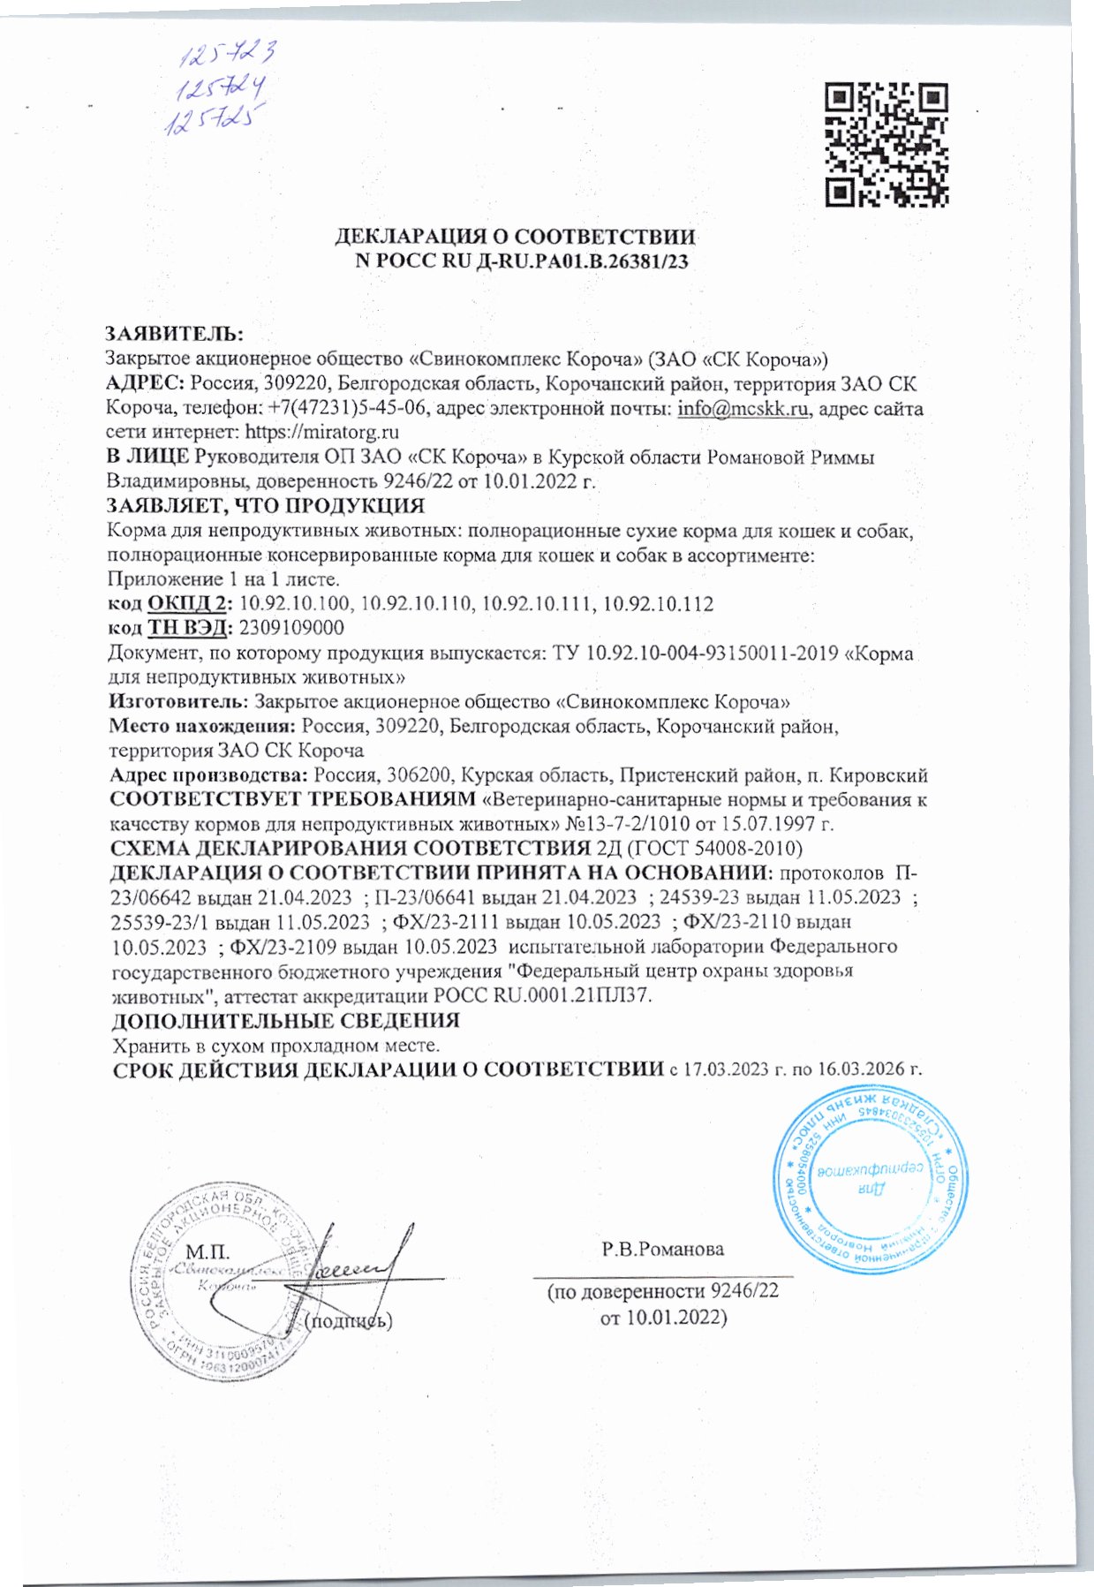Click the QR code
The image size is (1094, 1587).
pos(886,145)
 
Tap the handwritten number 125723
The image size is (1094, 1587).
pos(229,57)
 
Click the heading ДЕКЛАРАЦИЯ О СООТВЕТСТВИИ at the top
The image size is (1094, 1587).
pos(515,237)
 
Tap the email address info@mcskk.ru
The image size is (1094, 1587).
pos(743,409)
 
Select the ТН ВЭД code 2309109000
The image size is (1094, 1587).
pos(291,628)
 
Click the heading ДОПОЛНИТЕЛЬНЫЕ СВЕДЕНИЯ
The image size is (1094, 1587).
pos(285,1021)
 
